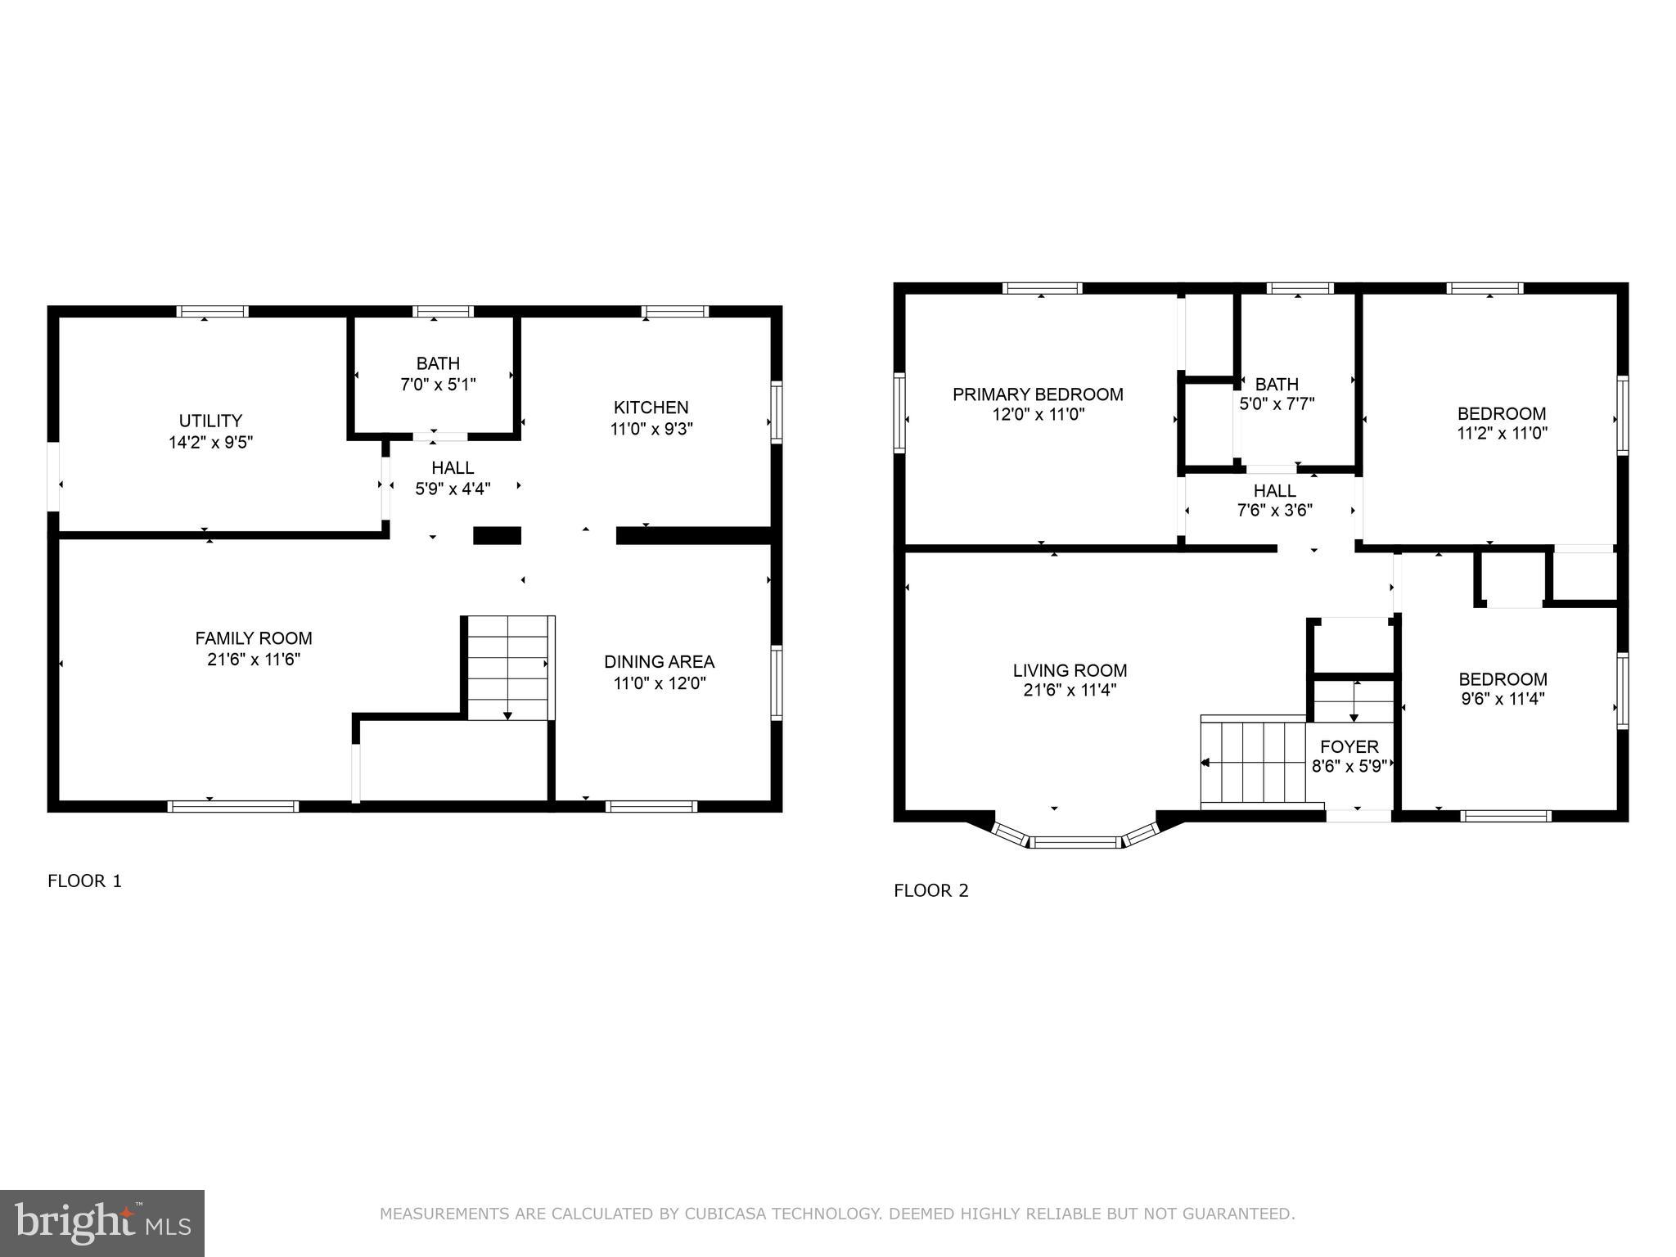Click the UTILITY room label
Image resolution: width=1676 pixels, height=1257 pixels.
click(x=210, y=421)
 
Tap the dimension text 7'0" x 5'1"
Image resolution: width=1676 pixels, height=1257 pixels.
click(x=438, y=384)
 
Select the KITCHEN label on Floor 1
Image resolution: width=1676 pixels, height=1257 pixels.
click(x=651, y=407)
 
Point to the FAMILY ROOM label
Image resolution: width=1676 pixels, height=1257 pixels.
click(x=254, y=638)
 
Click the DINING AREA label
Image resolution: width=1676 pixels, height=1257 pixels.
click(x=659, y=661)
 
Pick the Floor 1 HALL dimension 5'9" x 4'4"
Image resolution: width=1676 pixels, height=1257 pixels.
click(x=453, y=489)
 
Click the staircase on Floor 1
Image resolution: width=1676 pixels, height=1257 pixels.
click(x=507, y=668)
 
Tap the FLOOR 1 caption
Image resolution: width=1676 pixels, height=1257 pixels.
click(x=84, y=881)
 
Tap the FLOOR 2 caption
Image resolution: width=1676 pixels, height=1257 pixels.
click(x=930, y=890)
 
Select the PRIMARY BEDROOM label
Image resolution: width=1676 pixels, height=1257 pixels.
click(x=1038, y=394)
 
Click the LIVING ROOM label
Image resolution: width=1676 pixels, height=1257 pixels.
click(x=1070, y=670)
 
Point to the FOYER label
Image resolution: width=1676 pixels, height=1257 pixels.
click(x=1349, y=746)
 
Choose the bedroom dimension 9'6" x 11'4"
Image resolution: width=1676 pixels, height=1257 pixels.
click(x=1503, y=699)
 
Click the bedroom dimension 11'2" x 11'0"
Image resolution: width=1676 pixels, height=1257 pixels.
click(x=1502, y=433)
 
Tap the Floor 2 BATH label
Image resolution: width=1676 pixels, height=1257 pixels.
click(x=1277, y=384)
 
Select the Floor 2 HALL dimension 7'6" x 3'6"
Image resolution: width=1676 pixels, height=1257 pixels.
click(x=1274, y=511)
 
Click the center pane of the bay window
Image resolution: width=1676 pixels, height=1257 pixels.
click(x=1075, y=842)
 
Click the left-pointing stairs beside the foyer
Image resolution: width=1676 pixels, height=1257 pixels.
click(x=1252, y=761)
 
